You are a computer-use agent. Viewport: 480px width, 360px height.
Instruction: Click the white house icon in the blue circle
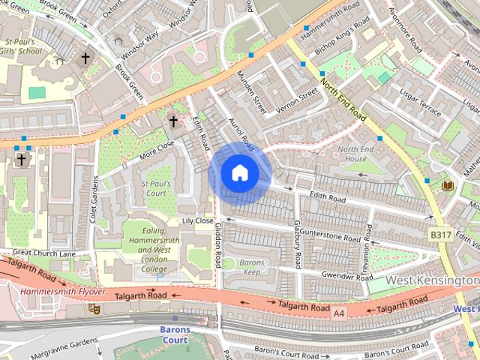(239, 173)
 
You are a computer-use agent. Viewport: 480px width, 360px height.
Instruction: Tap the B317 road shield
(440, 235)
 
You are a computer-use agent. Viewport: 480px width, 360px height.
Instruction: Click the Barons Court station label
(175, 334)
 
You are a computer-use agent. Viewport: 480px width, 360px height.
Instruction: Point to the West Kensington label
(433, 280)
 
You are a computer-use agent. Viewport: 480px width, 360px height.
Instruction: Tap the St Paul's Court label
(156, 188)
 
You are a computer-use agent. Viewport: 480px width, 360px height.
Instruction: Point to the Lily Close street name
(198, 221)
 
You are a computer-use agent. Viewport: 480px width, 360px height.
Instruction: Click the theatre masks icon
(94, 307)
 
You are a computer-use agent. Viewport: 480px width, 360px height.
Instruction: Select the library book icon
(448, 185)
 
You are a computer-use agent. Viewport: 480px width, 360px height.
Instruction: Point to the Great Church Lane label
(44, 253)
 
